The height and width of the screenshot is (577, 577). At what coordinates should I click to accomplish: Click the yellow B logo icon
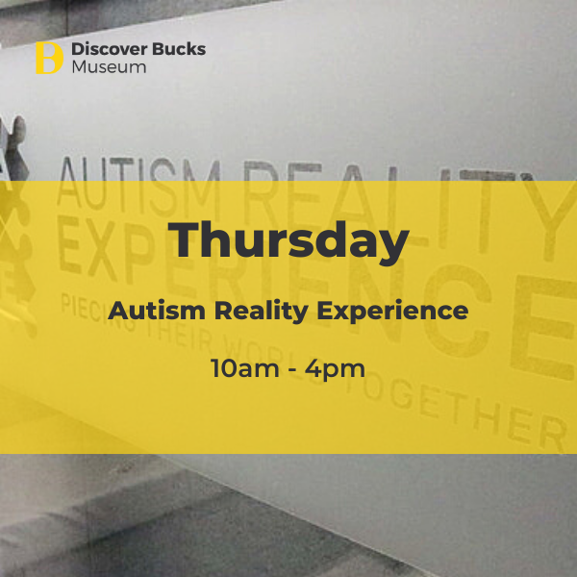[x=49, y=58]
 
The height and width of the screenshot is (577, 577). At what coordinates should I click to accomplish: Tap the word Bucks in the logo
[x=179, y=49]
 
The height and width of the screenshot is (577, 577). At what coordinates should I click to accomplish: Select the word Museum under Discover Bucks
[x=109, y=67]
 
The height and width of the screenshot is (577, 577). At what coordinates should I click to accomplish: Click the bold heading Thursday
[x=288, y=241]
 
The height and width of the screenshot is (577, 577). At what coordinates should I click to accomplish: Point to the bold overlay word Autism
[x=157, y=311]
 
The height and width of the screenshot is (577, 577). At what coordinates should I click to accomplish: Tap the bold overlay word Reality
[x=262, y=312]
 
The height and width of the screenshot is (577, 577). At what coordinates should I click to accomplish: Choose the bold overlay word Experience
[x=392, y=312]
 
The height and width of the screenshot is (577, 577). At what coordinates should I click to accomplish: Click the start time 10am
[x=244, y=368]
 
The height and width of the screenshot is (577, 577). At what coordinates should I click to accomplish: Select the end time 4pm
[x=335, y=369]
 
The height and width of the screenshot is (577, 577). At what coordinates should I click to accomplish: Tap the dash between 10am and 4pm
[x=292, y=369]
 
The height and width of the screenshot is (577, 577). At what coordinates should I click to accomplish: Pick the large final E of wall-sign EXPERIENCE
[x=544, y=328]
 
